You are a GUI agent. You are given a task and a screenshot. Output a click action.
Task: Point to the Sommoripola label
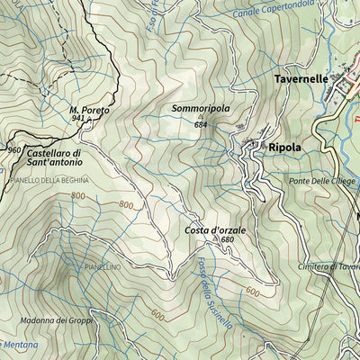(200, 110)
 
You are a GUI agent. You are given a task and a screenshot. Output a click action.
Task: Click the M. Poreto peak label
(89, 110)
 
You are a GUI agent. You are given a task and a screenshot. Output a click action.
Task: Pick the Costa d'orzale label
(215, 230)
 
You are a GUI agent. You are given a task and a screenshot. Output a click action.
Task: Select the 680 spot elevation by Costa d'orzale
(227, 240)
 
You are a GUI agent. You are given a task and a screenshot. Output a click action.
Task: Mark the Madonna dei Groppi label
(51, 320)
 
